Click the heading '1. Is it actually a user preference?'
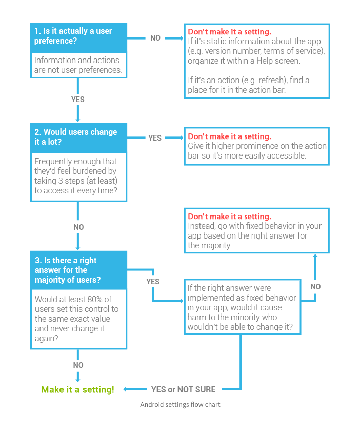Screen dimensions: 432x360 point(73,36)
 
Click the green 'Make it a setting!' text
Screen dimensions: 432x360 point(77,389)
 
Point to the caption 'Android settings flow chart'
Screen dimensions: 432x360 point(180,405)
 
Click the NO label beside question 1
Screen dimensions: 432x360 point(155,38)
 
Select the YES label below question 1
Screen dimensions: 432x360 point(78,100)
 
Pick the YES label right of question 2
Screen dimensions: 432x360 point(155,138)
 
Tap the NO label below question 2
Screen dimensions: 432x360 point(78,227)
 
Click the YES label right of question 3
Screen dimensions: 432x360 point(153,282)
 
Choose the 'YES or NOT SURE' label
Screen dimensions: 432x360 point(183,389)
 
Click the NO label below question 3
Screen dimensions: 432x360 point(78,365)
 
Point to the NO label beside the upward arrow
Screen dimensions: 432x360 point(315,287)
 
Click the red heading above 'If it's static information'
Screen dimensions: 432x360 point(229,32)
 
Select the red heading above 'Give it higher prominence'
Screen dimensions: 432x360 point(229,136)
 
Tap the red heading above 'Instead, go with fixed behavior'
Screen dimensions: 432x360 point(229,217)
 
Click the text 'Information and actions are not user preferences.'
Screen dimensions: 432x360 point(78,65)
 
